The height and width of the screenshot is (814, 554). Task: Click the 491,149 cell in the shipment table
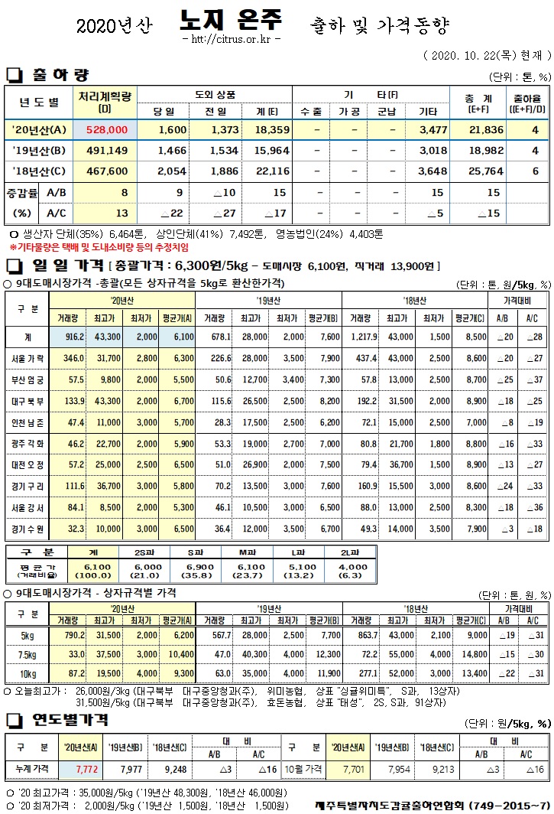pos(105,151)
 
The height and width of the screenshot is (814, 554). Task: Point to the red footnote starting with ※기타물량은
pos(99,248)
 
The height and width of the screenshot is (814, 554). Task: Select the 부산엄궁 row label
pos(28,379)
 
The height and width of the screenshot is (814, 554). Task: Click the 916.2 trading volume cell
pos(74,337)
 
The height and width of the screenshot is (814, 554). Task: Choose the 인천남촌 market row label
pos(28,422)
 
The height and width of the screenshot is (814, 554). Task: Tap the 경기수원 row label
pos(28,528)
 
